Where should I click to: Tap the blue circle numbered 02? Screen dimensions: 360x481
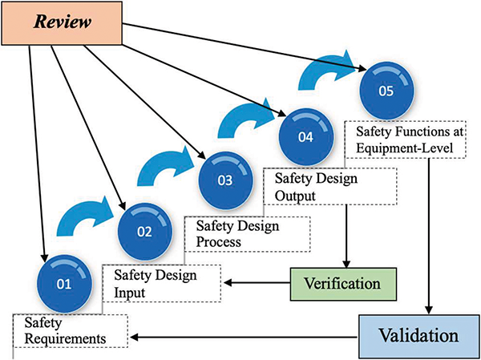143,233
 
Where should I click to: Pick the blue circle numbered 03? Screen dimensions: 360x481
223,180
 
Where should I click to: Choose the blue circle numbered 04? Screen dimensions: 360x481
304,136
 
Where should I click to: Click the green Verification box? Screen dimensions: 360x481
343,283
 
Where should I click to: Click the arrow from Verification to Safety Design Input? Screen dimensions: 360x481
256,283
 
